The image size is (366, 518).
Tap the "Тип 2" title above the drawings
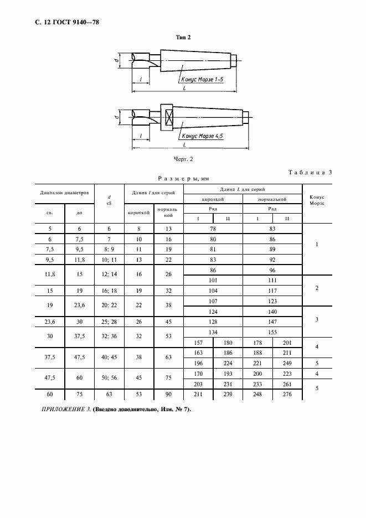coord(183,37)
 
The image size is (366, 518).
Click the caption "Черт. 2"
coord(183,159)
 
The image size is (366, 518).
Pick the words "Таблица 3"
coord(310,172)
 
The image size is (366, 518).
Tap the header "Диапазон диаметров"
coord(64,193)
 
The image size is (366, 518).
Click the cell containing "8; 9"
coord(110,249)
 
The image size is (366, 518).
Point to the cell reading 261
coord(287,383)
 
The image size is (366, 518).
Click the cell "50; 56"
coord(110,377)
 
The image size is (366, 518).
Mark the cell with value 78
coord(213,228)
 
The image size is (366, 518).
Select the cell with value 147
coord(272,321)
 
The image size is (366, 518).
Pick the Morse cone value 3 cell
coord(317,319)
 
